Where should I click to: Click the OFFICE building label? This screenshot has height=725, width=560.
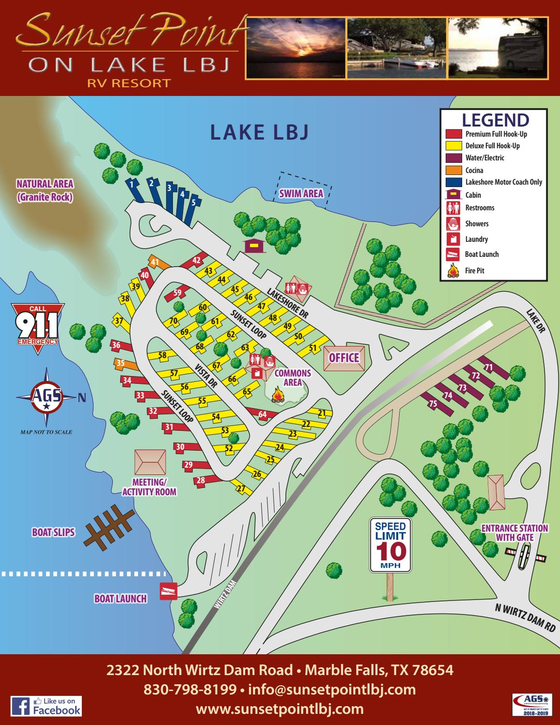pyautogui.click(x=344, y=358)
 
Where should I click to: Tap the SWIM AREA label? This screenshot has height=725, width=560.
pyautogui.click(x=301, y=194)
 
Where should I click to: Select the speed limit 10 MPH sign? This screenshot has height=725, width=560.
pyautogui.click(x=390, y=545)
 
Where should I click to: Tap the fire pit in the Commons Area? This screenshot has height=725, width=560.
pyautogui.click(x=278, y=395)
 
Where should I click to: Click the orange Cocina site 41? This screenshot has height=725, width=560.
pyautogui.click(x=157, y=263)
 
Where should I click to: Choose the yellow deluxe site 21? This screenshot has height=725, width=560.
pyautogui.click(x=320, y=413)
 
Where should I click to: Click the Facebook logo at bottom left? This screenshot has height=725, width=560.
pyautogui.click(x=46, y=706)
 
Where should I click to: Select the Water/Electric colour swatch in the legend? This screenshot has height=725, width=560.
pyautogui.click(x=454, y=158)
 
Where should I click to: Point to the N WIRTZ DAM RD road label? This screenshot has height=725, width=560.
pyautogui.click(x=525, y=617)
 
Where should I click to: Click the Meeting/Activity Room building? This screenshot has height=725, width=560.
pyautogui.click(x=150, y=462)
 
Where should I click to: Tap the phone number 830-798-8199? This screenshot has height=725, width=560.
pyautogui.click(x=189, y=689)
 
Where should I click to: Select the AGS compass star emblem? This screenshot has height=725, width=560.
pyautogui.click(x=47, y=397)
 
